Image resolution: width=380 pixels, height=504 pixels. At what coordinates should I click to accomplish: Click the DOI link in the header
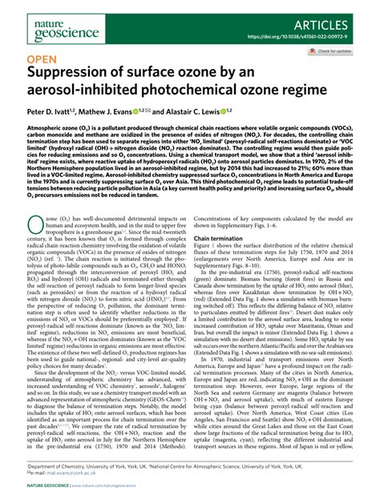pos(308,35)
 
